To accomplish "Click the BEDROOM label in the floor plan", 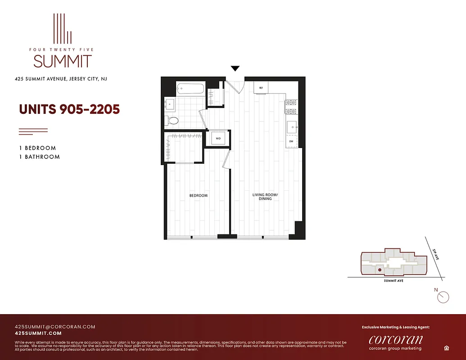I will [x=198, y=195].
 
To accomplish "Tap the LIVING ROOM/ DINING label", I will [x=265, y=197].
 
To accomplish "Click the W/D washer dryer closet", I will [x=218, y=139].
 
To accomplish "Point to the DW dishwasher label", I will [x=291, y=141].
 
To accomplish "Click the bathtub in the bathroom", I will [x=190, y=88].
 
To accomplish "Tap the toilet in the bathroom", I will [x=172, y=120].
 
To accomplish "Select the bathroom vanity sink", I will [x=170, y=104].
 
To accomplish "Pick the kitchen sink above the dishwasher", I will [x=291, y=126].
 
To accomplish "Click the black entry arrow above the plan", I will [x=235, y=69].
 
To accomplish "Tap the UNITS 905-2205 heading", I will [x=69, y=109].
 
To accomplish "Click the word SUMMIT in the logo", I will [x=63, y=61].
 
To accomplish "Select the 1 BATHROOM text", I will [x=39, y=157].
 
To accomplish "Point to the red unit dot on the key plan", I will [x=380, y=270].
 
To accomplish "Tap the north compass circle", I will [x=443, y=297].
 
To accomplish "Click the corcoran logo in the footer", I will [x=395, y=339].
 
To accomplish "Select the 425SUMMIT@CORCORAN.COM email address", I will [x=55, y=327].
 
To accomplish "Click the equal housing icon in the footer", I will [x=445, y=348].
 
